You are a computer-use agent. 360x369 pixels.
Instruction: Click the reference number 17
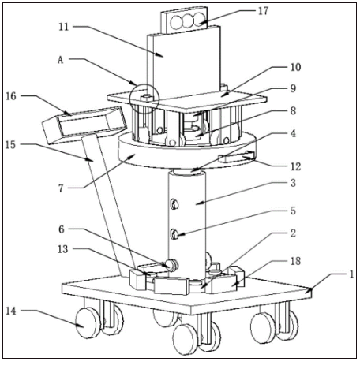[263, 11]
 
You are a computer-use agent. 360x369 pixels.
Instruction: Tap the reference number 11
[64, 27]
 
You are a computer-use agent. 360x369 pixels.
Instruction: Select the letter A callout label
[61, 60]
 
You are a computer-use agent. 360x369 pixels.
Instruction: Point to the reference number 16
[11, 96]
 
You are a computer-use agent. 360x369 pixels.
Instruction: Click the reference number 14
[11, 311]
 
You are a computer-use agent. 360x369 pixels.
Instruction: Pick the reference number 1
[352, 274]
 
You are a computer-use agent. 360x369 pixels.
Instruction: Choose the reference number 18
[296, 261]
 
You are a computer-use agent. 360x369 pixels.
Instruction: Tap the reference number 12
[296, 166]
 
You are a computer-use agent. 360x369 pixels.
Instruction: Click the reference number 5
[293, 211]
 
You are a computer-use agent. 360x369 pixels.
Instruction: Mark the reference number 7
[61, 188]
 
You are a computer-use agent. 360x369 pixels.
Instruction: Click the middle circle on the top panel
[188, 21]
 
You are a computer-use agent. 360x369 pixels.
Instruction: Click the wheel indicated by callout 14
[88, 323]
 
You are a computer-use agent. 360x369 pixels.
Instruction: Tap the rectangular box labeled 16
[85, 125]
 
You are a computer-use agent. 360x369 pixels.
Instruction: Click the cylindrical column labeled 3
[187, 223]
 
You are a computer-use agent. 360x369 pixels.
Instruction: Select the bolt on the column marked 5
[174, 234]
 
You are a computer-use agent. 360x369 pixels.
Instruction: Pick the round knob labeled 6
[171, 265]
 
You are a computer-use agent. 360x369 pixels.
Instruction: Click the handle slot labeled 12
[236, 158]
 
